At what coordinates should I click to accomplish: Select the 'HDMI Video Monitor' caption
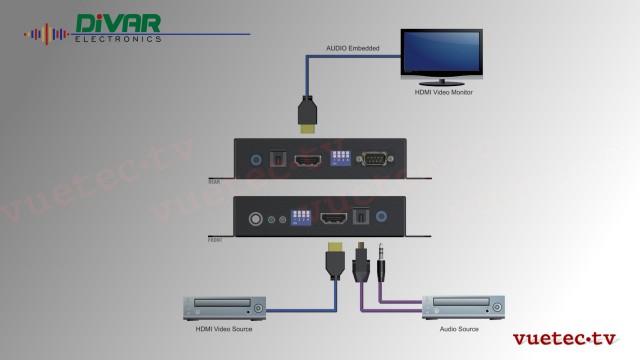(443, 92)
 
